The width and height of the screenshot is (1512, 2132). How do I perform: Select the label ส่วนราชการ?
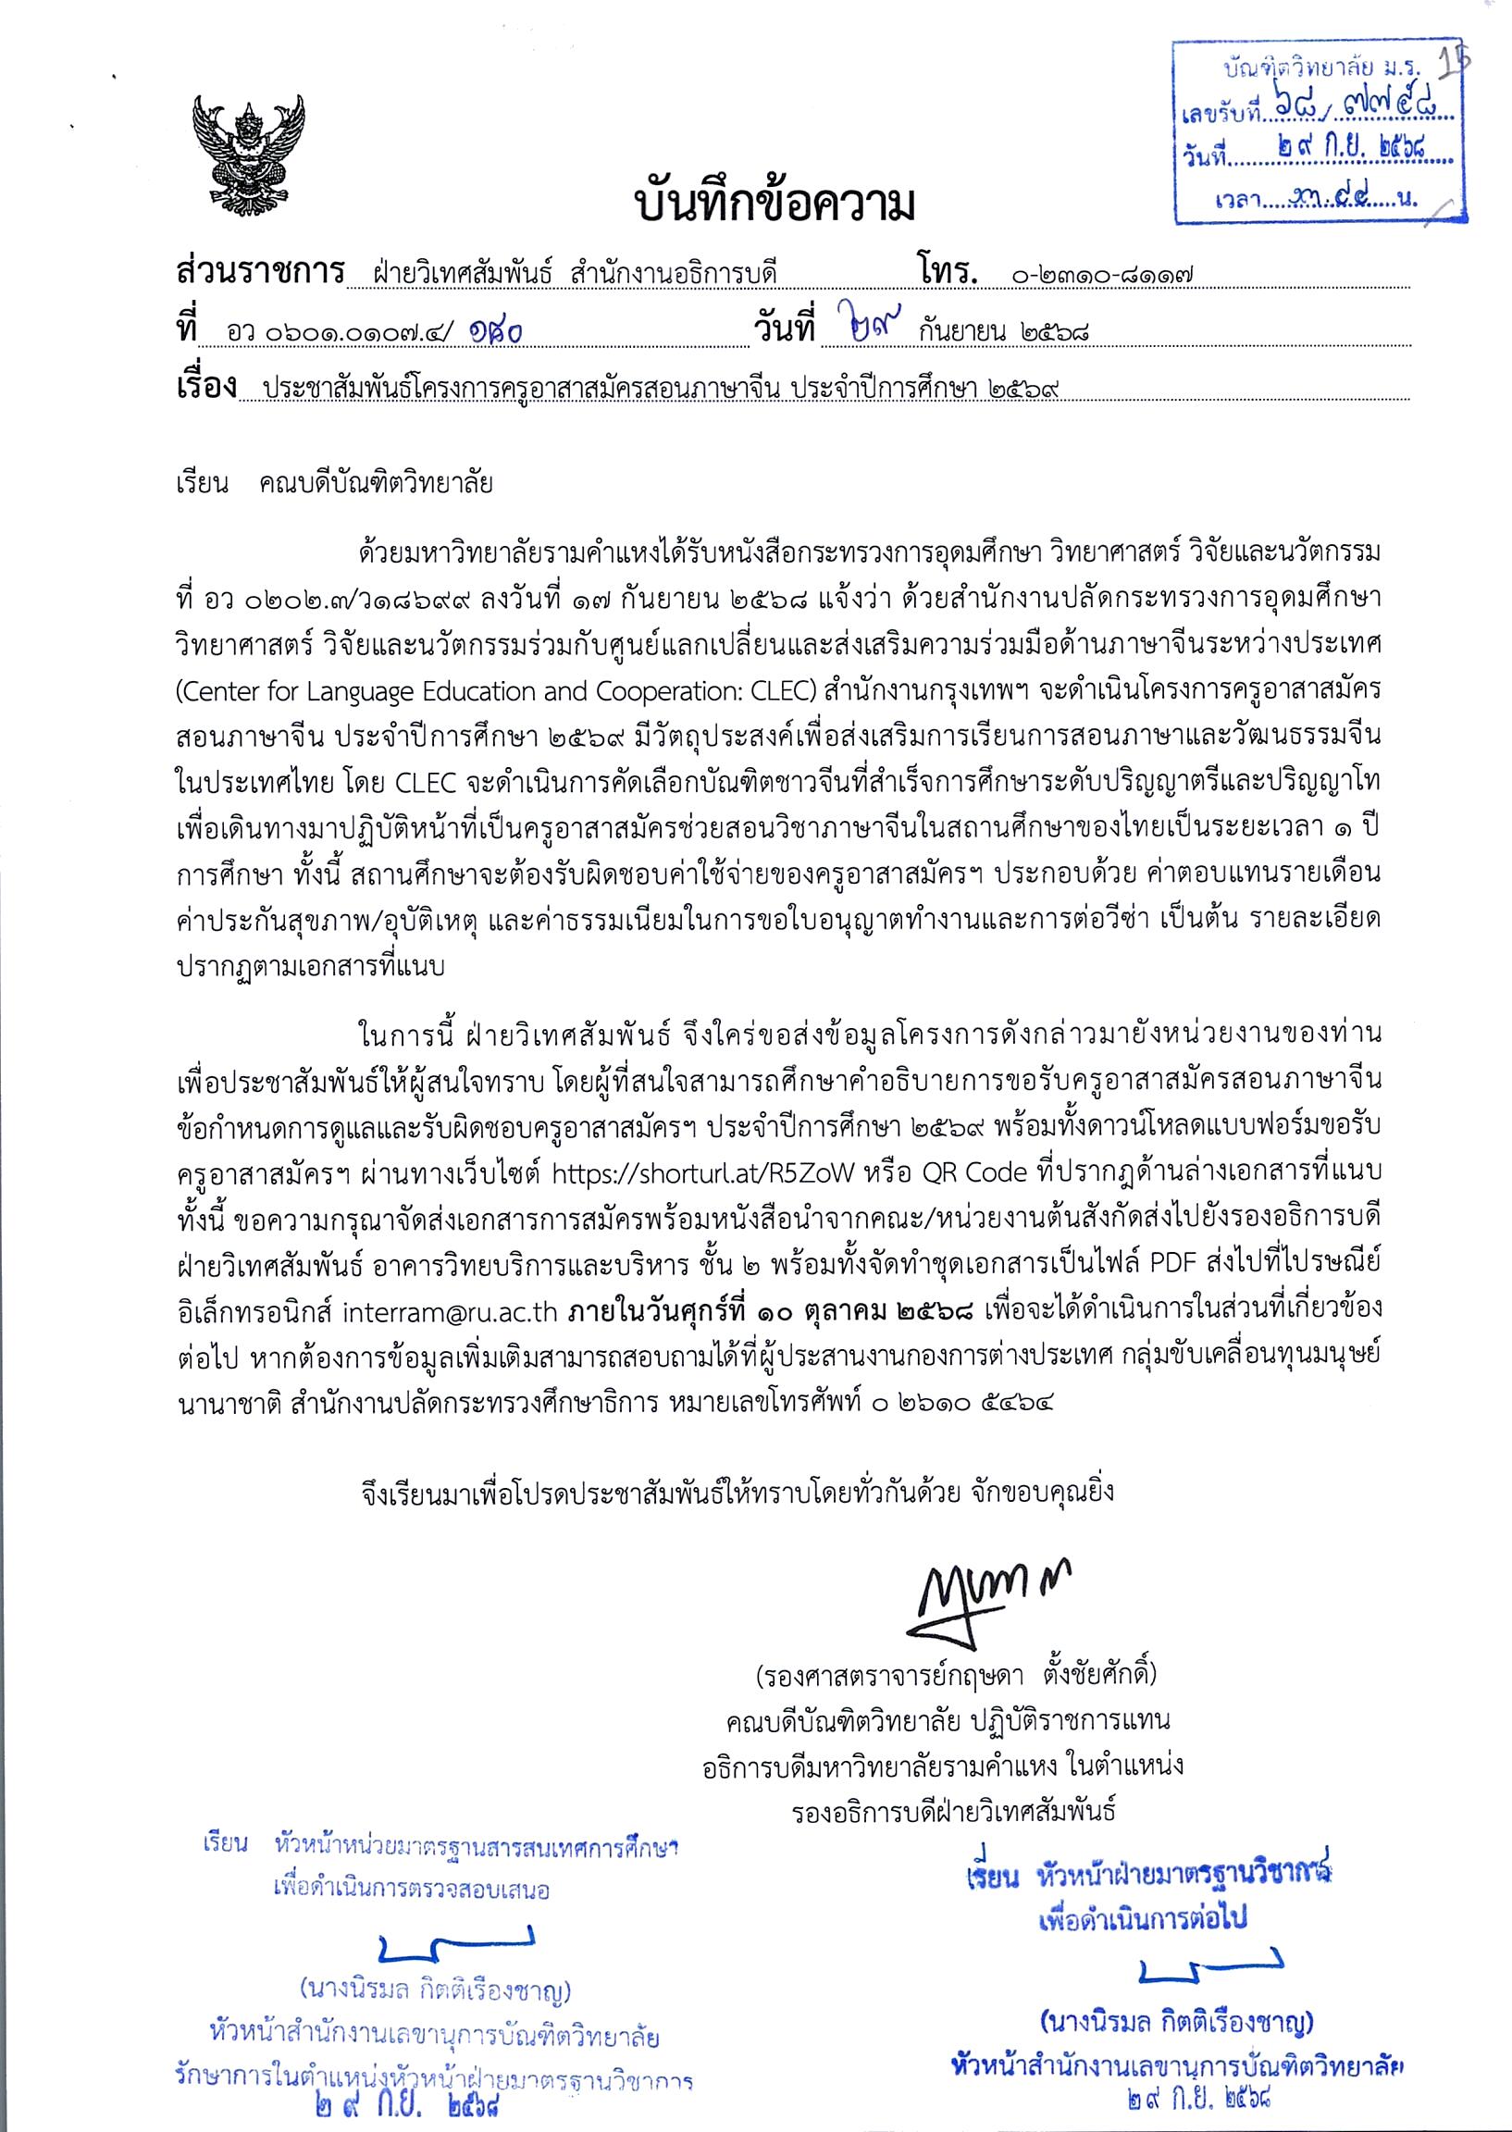(x=260, y=273)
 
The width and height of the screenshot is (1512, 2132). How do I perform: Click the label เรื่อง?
(x=205, y=387)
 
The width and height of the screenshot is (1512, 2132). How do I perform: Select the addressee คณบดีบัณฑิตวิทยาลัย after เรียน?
(x=376, y=485)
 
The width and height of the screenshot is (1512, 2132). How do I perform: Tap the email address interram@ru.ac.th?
(x=450, y=1311)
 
